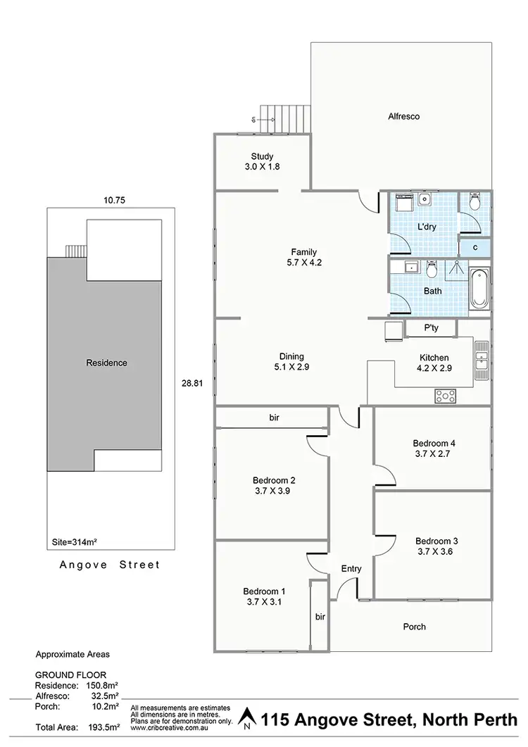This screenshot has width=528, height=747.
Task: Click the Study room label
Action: (261, 157)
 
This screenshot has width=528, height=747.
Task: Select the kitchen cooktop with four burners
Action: (445, 396)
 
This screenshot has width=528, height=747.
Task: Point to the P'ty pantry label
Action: (432, 328)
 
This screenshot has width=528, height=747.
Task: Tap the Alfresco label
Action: (404, 117)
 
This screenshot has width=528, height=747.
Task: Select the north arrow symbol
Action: (246, 719)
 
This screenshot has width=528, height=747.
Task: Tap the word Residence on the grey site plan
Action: (106, 363)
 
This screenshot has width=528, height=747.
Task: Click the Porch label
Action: (414, 627)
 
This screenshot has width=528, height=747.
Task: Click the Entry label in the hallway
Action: (351, 569)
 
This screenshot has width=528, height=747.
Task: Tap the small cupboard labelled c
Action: (475, 247)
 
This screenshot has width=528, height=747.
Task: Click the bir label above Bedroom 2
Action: (275, 418)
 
